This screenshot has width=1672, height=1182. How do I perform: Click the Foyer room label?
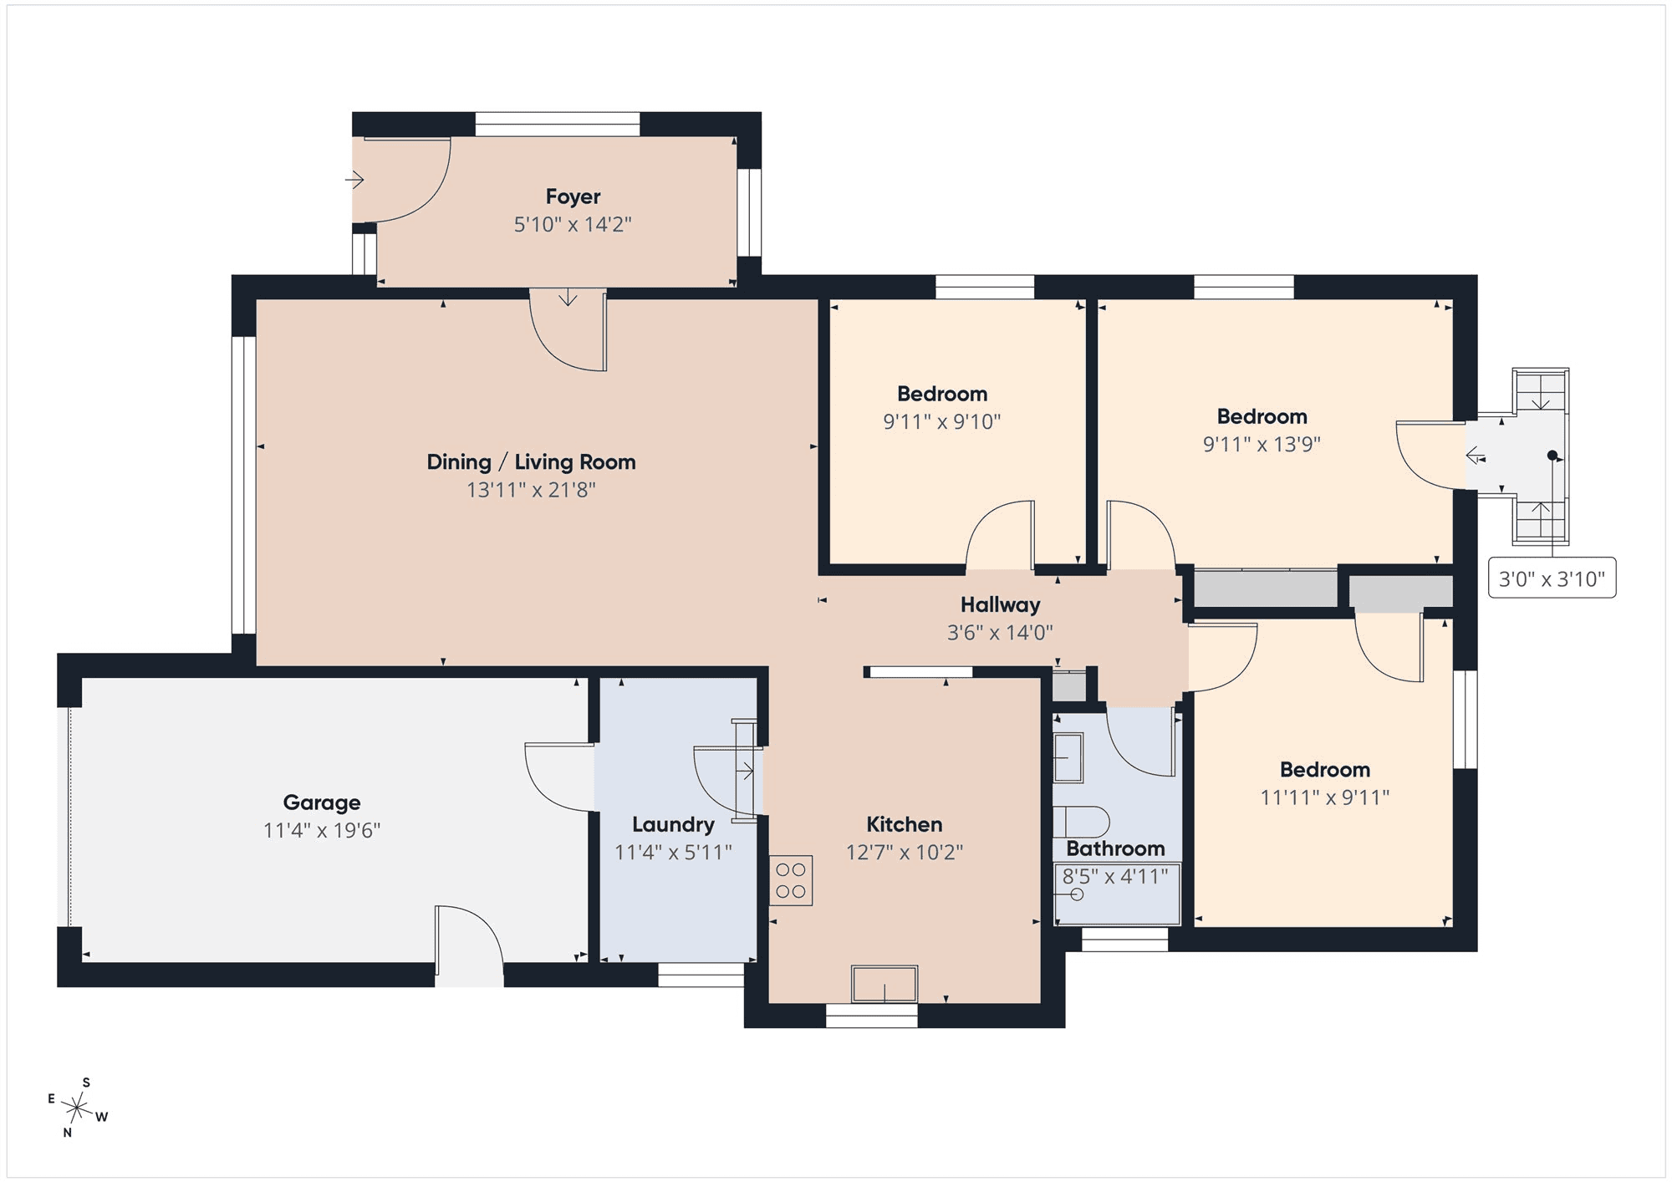(573, 196)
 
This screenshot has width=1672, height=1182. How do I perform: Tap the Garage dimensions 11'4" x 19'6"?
(322, 830)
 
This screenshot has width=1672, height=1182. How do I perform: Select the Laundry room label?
(673, 825)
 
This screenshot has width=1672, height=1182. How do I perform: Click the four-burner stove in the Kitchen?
(791, 880)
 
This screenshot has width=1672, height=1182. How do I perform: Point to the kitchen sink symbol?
(884, 984)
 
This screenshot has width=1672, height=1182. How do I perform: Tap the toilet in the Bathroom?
(1080, 822)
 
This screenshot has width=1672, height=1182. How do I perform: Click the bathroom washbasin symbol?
(1068, 757)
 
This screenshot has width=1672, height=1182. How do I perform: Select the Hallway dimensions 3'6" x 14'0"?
(1000, 633)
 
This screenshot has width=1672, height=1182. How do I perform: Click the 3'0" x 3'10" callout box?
(1552, 578)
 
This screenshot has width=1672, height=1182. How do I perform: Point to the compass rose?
(77, 1108)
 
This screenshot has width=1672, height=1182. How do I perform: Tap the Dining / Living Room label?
(531, 462)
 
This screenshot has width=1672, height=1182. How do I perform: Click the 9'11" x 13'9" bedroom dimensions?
(1262, 444)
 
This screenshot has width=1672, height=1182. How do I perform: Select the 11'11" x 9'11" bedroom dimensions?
(1325, 797)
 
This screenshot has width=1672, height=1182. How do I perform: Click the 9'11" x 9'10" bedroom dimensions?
(942, 421)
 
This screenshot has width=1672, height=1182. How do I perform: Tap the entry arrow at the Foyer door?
(355, 180)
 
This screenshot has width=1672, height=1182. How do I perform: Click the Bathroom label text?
(1115, 849)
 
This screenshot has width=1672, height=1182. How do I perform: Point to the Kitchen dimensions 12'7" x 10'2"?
(904, 852)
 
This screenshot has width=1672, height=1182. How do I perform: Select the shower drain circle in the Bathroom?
(1077, 894)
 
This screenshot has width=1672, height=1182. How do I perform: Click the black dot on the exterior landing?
(1552, 456)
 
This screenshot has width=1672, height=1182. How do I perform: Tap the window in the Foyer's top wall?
(558, 125)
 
